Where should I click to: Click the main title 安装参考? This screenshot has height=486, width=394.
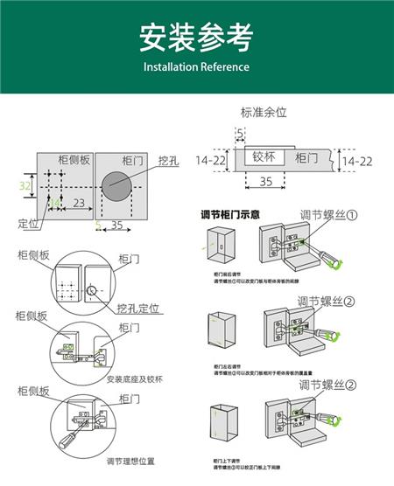196,38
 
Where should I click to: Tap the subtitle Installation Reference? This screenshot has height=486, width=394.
196,67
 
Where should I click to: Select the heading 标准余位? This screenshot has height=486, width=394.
264,113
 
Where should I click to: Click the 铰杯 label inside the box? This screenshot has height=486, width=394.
264,157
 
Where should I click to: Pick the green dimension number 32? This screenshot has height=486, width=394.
25,186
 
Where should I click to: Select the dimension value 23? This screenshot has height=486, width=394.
78,203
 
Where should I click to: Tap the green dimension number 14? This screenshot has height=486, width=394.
54,203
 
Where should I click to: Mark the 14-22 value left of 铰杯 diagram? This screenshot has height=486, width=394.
212,161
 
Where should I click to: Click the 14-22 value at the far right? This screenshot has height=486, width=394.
356,162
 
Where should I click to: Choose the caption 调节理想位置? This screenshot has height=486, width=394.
131,461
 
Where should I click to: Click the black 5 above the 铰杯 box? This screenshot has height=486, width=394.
240,132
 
